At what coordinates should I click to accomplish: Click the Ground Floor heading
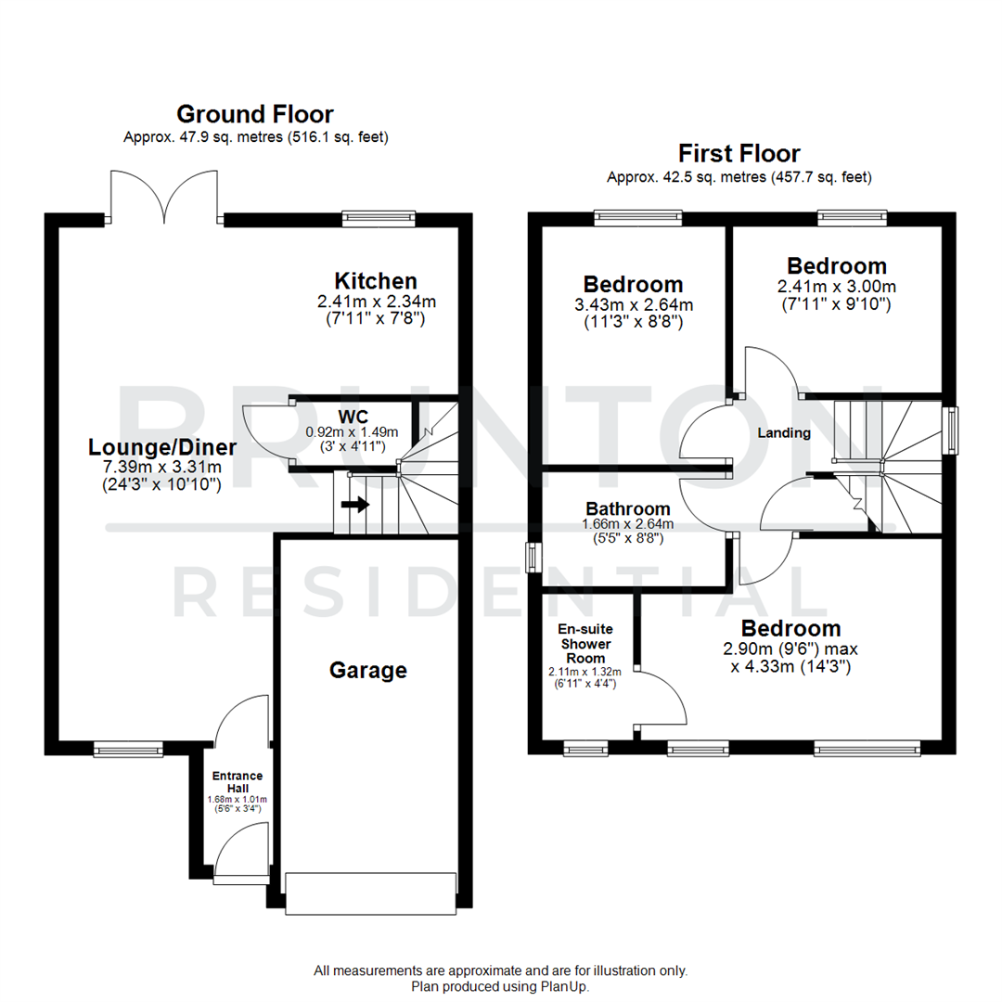tap(255, 114)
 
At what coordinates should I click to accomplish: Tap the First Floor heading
tap(739, 153)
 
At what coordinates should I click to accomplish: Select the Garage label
tap(368, 670)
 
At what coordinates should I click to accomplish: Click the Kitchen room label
tap(376, 280)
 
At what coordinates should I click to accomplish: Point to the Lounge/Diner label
tap(162, 447)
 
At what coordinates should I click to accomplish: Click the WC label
tap(353, 415)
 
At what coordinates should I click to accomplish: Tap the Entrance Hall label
tap(238, 782)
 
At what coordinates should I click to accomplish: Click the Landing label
tap(784, 433)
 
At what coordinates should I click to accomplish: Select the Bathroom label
tap(628, 508)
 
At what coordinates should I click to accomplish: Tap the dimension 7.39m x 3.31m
tap(162, 466)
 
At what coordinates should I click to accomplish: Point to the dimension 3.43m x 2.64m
tap(633, 304)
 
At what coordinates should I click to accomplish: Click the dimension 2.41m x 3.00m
tap(836, 286)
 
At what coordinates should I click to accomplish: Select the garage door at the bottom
tap(371, 893)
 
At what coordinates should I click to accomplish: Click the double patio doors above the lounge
tap(165, 197)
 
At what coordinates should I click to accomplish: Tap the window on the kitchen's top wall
tap(378, 219)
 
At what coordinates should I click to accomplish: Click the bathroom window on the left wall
tap(532, 558)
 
